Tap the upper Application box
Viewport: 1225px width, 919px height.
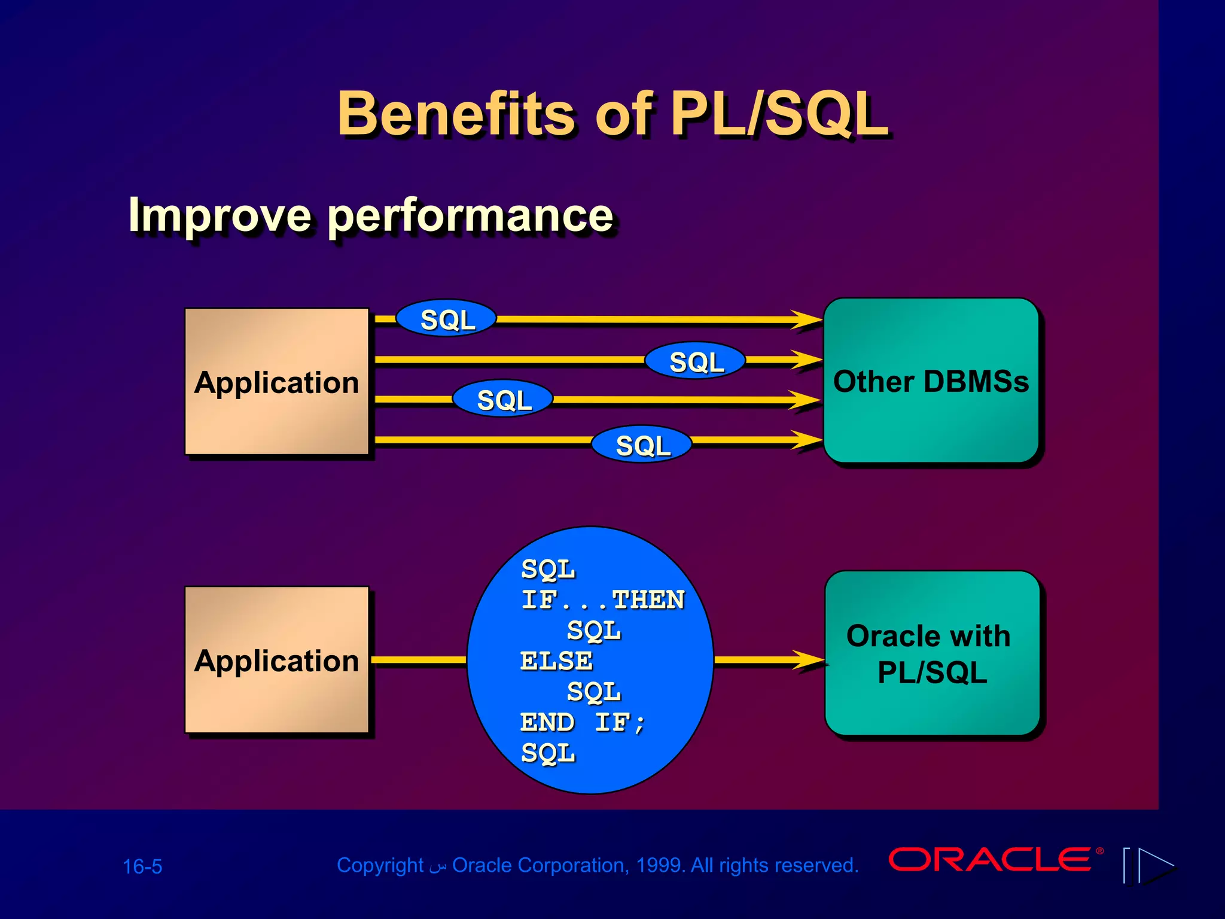pos(276,382)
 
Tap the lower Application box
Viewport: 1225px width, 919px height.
pos(276,661)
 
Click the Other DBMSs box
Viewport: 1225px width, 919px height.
pos(931,381)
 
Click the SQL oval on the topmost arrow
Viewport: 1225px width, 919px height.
pos(447,319)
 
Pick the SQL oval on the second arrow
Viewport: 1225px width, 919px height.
pos(696,361)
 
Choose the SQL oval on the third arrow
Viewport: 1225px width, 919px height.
pos(503,399)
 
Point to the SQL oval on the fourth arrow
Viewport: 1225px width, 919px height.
pos(642,445)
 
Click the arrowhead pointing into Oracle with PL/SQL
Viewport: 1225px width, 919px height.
pos(809,661)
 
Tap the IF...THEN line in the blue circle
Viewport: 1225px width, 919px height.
pos(602,600)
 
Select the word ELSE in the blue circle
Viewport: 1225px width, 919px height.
pos(556,661)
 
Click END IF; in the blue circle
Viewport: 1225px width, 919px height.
pos(583,722)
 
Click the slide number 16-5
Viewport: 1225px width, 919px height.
pos(142,866)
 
